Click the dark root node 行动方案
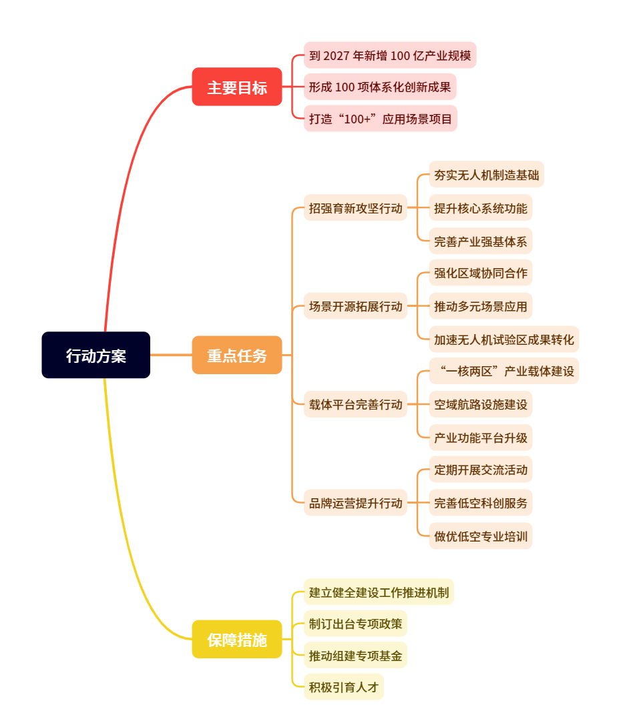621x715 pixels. pos(95,355)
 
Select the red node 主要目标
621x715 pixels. pos(237,87)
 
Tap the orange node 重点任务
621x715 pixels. pos(237,355)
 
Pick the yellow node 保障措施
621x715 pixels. pos(237,639)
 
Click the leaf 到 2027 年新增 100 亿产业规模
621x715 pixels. pos(390,55)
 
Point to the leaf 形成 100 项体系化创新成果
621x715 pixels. pos(380,87)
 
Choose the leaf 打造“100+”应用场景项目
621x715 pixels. pos(381,119)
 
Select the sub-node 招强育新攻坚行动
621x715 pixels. pos(355,208)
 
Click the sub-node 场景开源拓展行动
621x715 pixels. pos(355,306)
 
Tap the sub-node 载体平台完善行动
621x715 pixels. pos(355,404)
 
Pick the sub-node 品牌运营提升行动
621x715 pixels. pos(355,502)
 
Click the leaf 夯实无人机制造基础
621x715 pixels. pos(486,174)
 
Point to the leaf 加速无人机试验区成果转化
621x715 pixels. pos(503,339)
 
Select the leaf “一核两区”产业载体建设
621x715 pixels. pos(503,371)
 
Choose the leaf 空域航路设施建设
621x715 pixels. pos(480,404)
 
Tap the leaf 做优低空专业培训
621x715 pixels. pos(480,536)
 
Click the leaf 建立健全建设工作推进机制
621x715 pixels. pos(379,592)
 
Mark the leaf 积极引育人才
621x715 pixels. pos(344,686)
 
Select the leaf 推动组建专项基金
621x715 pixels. pos(355,655)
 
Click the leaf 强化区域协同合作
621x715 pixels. pos(480,273)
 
